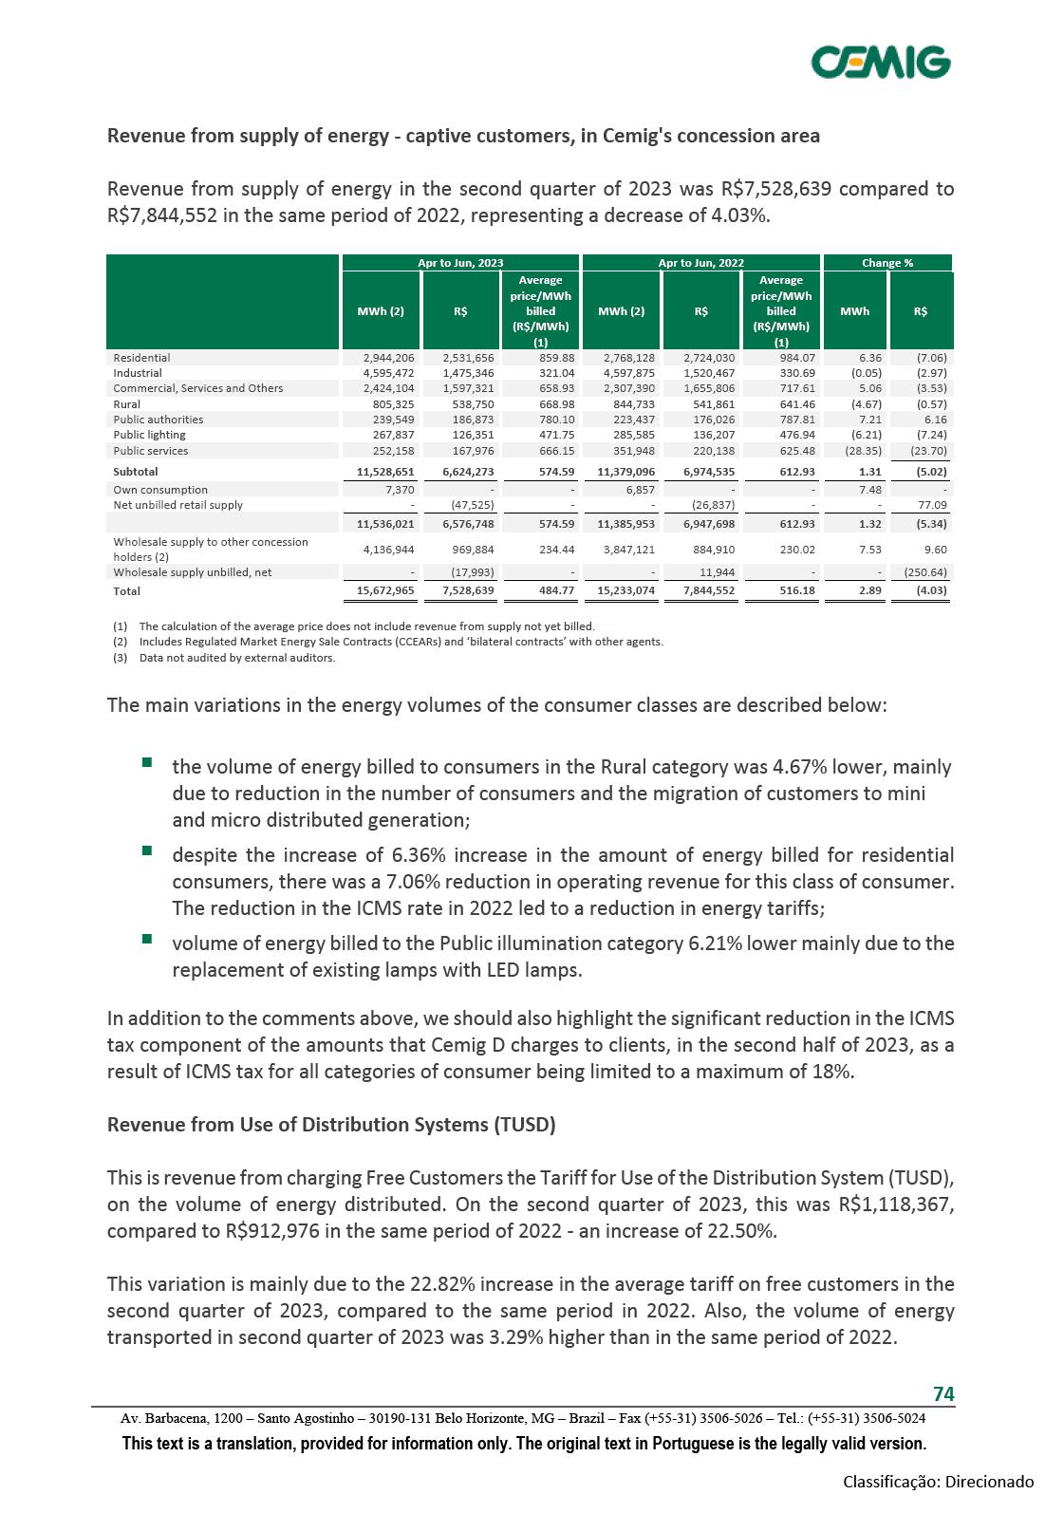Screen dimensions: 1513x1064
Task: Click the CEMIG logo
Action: pyautogui.click(x=881, y=62)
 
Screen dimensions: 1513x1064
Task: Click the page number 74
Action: pyautogui.click(x=943, y=1393)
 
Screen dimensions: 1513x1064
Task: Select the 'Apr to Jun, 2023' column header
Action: pyautogui.click(x=460, y=263)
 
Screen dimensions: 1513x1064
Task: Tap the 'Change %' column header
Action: pyautogui.click(x=887, y=263)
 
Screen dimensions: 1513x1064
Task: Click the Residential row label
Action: pyautogui.click(x=142, y=358)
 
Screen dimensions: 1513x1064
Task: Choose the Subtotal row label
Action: pyautogui.click(x=136, y=471)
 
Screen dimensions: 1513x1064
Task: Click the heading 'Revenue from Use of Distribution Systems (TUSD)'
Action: pyautogui.click(x=331, y=1125)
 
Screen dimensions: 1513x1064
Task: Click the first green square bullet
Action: pyautogui.click(x=147, y=762)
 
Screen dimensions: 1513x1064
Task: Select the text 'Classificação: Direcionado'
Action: pyautogui.click(x=939, y=1482)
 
